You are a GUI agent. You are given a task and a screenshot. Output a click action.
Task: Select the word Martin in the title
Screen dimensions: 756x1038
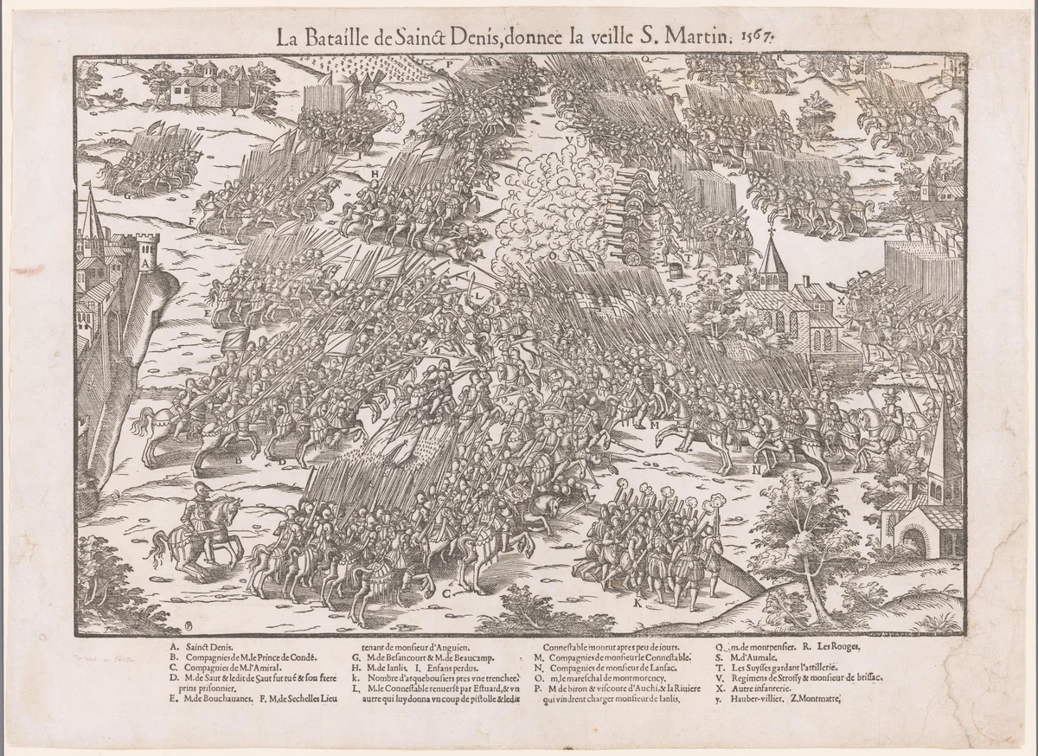pos(703,37)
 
